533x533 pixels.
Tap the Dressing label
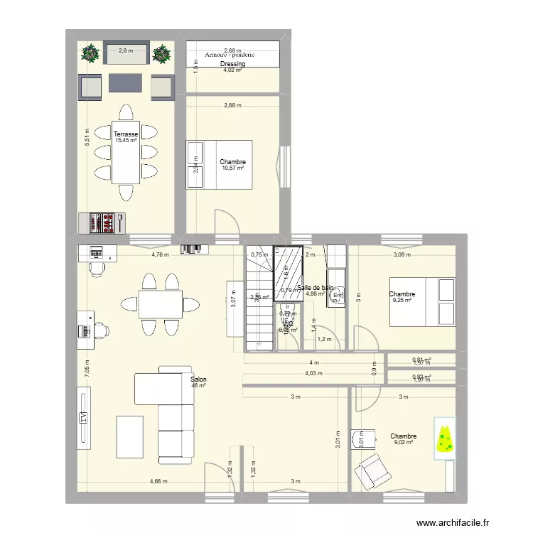(232, 64)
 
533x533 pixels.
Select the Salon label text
(198, 379)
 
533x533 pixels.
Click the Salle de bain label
(316, 288)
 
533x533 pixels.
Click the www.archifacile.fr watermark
(453, 522)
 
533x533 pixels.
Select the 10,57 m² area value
(232, 169)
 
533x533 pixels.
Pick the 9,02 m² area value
(403, 443)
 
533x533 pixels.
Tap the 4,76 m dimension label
(160, 254)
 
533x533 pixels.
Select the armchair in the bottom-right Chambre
(371, 470)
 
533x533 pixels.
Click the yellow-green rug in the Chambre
(445, 438)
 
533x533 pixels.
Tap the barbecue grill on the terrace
(103, 222)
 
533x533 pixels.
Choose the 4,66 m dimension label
(158, 482)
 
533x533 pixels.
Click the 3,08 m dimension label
(403, 254)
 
